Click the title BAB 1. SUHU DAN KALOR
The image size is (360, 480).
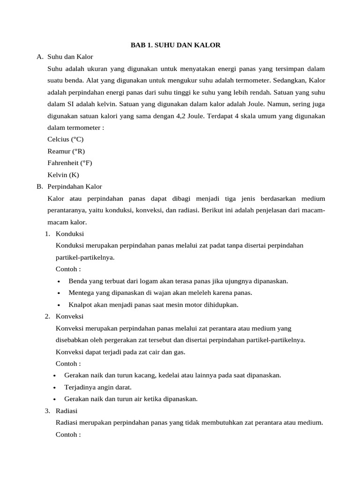pyautogui.click(x=175, y=45)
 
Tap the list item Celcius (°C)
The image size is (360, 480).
pyautogui.click(x=65, y=139)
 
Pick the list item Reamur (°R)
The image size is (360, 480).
pyautogui.click(x=66, y=151)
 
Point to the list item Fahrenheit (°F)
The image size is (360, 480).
pyautogui.click(x=70, y=163)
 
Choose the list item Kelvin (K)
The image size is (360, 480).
pyautogui.click(x=63, y=175)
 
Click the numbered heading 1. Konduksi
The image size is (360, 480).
pyautogui.click(x=65, y=233)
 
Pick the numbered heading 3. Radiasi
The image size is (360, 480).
pyautogui.click(x=62, y=411)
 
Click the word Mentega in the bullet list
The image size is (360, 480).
pyautogui.click(x=81, y=292)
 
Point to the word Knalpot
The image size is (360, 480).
pyautogui.click(x=80, y=305)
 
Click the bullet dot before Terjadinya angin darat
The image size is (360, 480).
pyautogui.click(x=55, y=388)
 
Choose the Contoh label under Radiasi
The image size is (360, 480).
pyautogui.click(x=68, y=435)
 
